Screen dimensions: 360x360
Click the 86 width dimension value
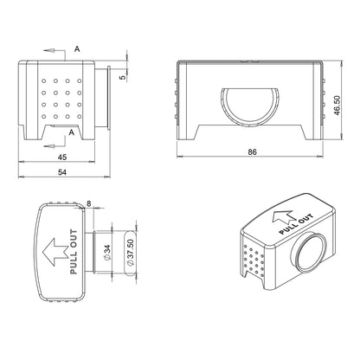coord(252,151)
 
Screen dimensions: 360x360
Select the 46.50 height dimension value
coord(337,106)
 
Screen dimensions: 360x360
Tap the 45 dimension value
coord(62,157)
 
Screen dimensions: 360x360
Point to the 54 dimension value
coord(62,172)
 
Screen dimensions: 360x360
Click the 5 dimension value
coord(123,77)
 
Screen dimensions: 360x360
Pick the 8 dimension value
coord(89,203)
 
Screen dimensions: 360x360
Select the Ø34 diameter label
coord(106,253)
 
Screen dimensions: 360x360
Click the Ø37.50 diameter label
coord(131,253)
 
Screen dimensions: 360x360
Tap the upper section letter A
coord(77,49)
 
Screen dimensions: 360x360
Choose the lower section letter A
coord(72,132)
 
